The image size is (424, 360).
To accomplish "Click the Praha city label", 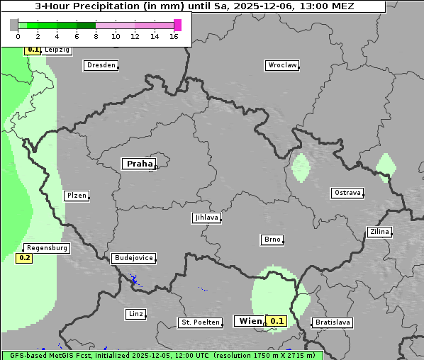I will click(x=139, y=164).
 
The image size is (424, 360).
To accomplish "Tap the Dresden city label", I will click(x=100, y=65).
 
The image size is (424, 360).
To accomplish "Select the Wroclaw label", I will click(x=281, y=65).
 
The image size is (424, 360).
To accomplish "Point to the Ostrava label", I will click(x=347, y=193).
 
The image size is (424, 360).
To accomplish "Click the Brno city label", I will click(x=272, y=240).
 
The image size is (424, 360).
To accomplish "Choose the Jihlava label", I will click(x=206, y=218).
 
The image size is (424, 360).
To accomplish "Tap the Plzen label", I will click(x=76, y=196).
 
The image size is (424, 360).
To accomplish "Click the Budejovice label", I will click(x=133, y=258).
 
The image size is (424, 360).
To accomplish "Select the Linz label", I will click(x=135, y=314).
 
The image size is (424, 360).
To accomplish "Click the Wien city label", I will click(x=249, y=321).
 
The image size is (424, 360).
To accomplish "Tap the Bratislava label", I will click(x=332, y=322).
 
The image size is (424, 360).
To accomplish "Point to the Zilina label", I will click(x=380, y=232).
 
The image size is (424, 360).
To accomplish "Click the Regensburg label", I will click(x=47, y=248).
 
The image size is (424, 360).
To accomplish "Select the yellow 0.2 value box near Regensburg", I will click(x=24, y=258).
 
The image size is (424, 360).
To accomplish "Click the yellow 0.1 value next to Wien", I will click(x=277, y=321).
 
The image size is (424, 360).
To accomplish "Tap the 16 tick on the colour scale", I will click(x=174, y=36).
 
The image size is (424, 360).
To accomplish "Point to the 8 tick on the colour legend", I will click(x=96, y=36).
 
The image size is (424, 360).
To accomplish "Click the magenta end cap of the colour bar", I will click(x=177, y=25).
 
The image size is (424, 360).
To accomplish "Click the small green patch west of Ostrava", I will click(x=301, y=167).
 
